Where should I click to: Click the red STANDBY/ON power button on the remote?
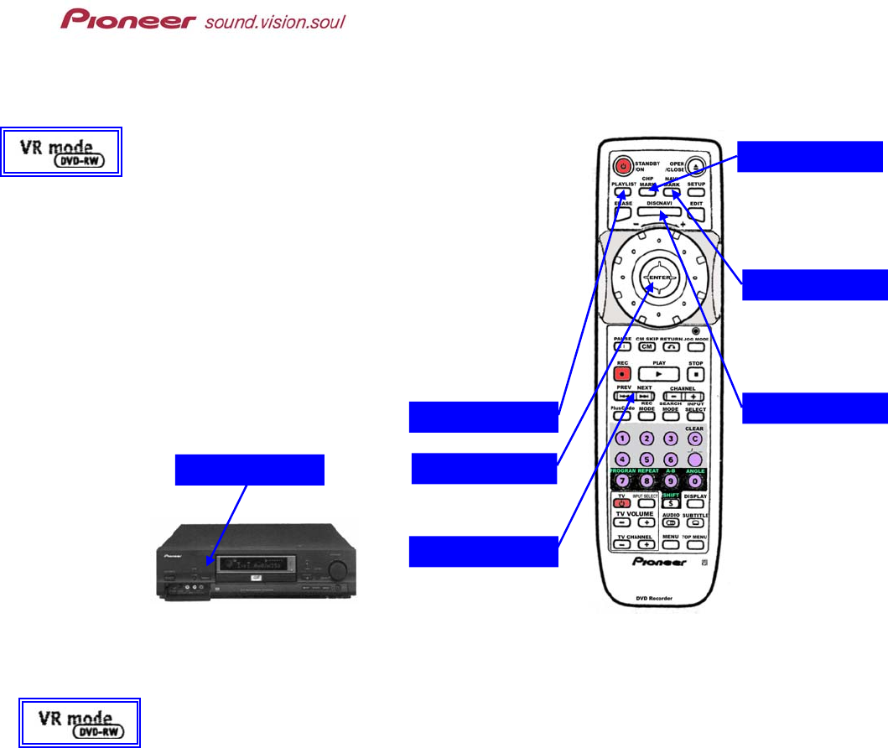tap(621, 165)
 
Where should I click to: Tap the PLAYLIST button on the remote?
tap(621, 192)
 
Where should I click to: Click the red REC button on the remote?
tap(622, 374)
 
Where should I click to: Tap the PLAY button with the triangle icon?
tap(658, 374)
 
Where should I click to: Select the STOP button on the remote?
tap(695, 374)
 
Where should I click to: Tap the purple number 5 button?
tap(647, 460)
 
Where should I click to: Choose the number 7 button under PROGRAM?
tap(622, 481)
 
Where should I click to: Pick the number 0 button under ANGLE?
tap(695, 481)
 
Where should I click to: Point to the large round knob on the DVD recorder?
tap(339, 570)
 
